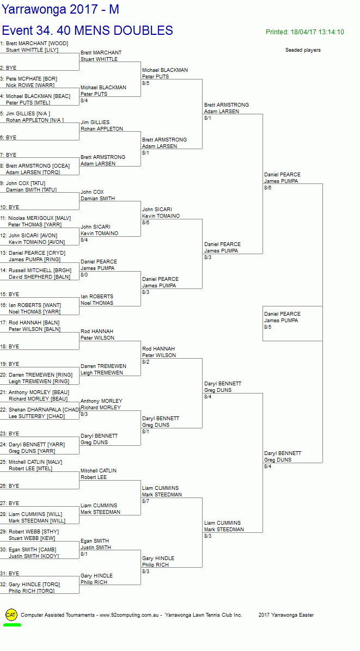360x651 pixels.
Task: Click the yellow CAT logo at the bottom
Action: [x=11, y=615]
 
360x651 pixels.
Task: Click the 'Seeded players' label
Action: [x=303, y=50]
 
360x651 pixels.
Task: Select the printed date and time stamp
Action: [x=304, y=32]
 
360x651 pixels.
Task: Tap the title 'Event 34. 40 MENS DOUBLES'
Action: [x=87, y=30]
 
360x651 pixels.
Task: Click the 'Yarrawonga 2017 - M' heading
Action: [x=60, y=10]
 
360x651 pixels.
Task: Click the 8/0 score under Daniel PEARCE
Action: [x=84, y=275]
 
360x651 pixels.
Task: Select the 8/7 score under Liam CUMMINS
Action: [x=146, y=501]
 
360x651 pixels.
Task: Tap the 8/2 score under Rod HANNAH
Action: [x=146, y=362]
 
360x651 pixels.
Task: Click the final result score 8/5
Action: [x=268, y=327]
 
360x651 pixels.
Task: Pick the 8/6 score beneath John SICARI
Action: [x=146, y=223]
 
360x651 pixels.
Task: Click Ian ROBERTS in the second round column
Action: [x=97, y=297]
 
